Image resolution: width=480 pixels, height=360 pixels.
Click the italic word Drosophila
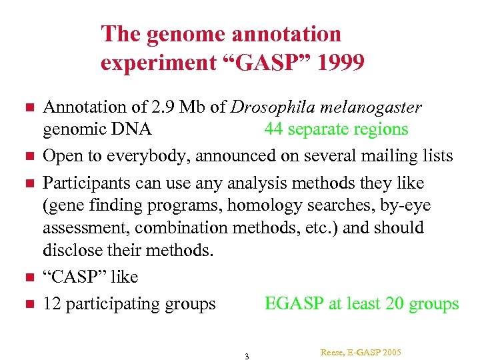point(288,107)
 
